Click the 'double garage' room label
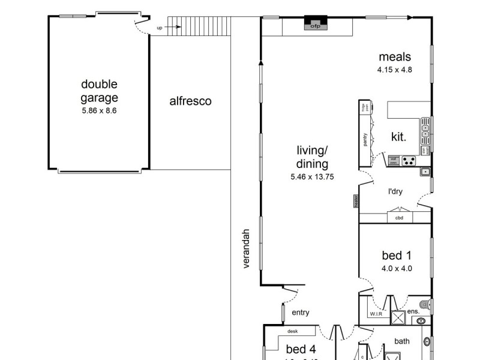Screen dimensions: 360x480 [x=100, y=91]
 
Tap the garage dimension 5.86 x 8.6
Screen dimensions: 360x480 [x=100, y=111]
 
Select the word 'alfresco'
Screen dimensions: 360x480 [x=190, y=101]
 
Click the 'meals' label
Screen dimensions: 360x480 [x=395, y=57]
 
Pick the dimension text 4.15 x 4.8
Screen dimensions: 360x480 [x=395, y=70]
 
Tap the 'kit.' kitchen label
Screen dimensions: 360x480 [x=398, y=137]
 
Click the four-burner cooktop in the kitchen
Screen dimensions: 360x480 [x=409, y=161]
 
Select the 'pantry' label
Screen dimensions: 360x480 [x=365, y=139]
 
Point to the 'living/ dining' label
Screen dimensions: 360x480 [x=313, y=157]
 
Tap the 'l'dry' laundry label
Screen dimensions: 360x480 [x=395, y=191]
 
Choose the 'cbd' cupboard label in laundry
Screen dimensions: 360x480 [x=399, y=218]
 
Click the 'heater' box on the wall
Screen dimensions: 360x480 [x=356, y=201]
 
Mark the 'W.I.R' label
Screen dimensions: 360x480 [x=376, y=314]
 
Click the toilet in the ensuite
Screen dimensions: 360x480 [x=425, y=304]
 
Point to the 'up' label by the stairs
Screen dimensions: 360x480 [x=160, y=28]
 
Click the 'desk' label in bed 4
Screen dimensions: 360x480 [x=293, y=331]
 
